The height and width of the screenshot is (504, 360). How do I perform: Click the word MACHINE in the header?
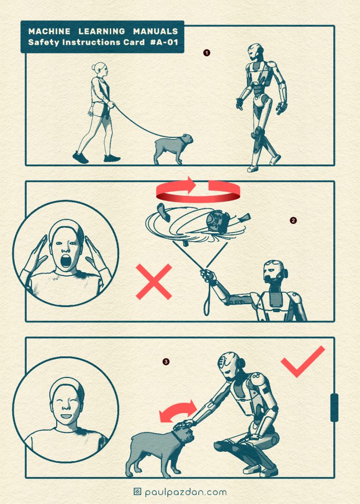49,31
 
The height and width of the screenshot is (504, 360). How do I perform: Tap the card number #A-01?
164,42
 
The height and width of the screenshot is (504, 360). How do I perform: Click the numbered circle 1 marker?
206,52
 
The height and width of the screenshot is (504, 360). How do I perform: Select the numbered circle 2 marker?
293,220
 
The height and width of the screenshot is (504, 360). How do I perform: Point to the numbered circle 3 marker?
166,362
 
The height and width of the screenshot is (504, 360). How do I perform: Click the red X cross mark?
154,282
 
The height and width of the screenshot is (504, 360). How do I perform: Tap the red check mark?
303,361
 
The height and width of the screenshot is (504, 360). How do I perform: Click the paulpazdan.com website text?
186,492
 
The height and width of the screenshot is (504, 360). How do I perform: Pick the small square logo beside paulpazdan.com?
137,492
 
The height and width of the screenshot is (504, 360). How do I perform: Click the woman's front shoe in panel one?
112,158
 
